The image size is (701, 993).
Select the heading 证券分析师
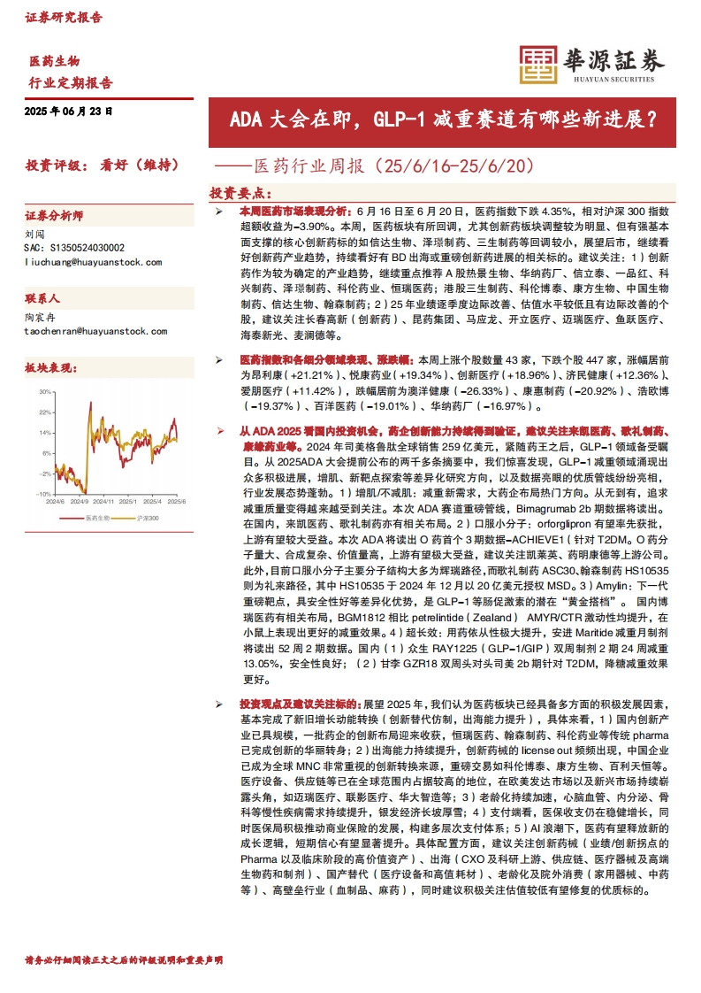click(54, 216)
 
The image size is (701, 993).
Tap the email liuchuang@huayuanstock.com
click(93, 262)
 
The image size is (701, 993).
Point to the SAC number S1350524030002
click(75, 249)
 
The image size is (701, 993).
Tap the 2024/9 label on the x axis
click(80, 501)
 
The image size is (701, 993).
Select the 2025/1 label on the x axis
click(133, 501)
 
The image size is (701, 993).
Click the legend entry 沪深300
click(147, 518)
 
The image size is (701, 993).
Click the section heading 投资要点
click(237, 193)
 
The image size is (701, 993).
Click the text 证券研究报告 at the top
click(63, 17)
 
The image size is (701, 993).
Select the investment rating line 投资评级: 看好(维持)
click(103, 165)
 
